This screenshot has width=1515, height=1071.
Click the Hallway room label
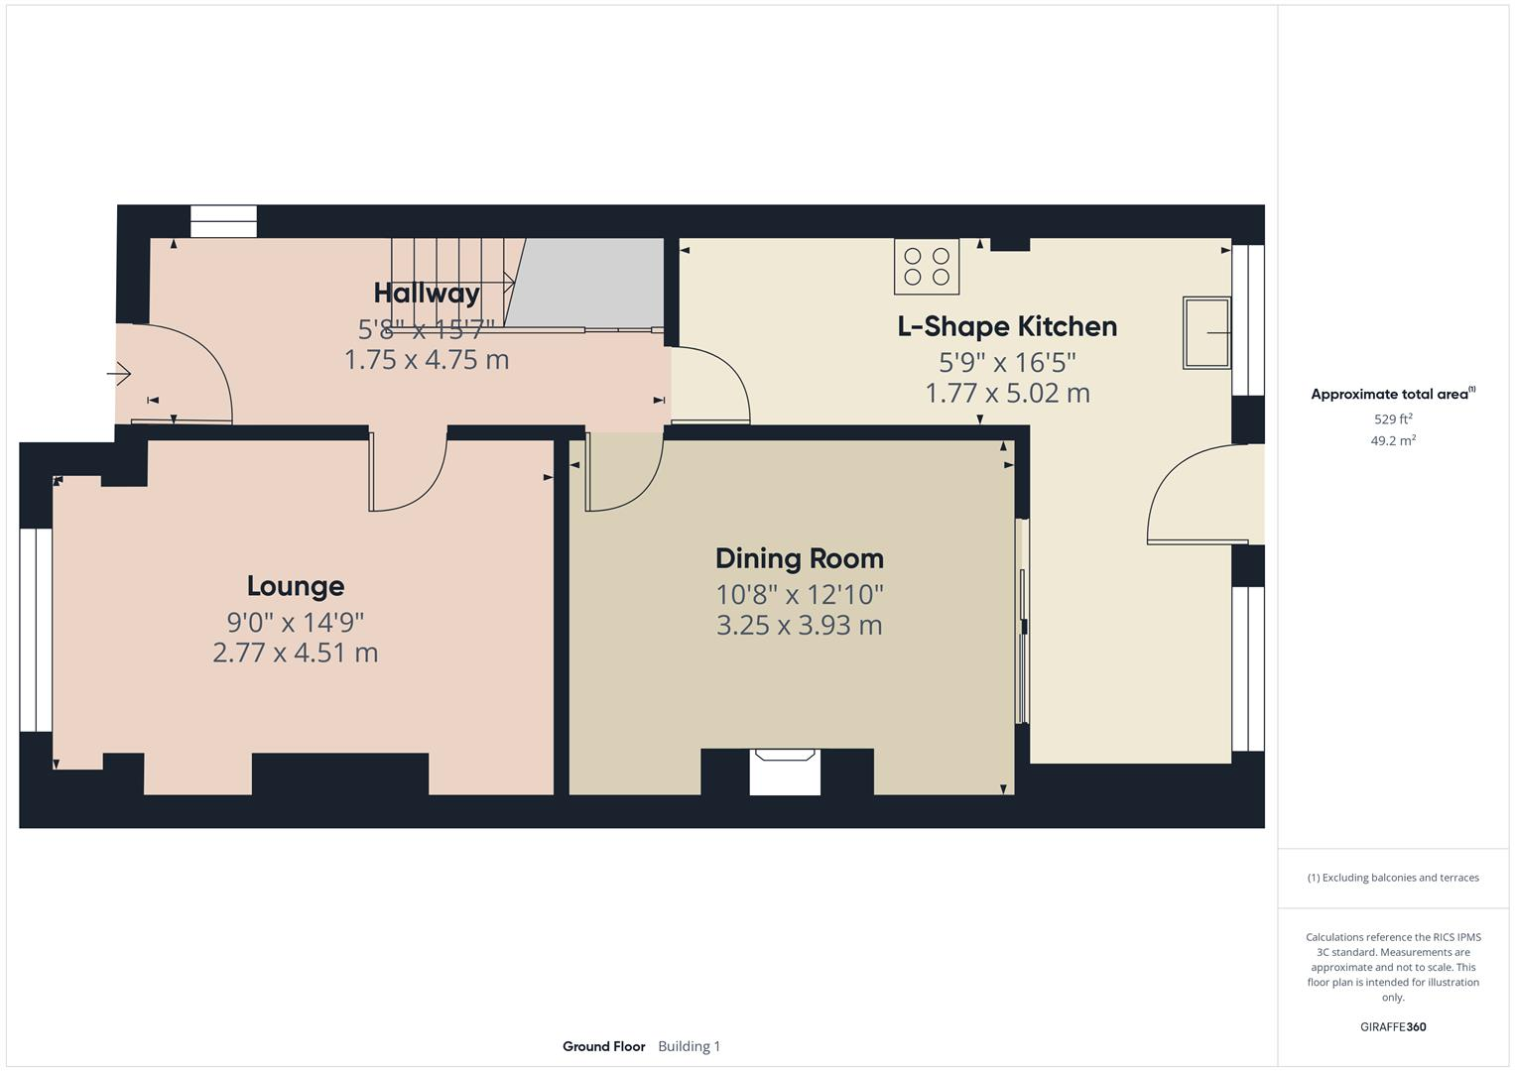coord(427,293)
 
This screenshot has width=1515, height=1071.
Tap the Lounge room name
coord(296,586)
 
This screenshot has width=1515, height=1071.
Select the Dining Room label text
coord(799,558)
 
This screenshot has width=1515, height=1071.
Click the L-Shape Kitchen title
coord(1007,326)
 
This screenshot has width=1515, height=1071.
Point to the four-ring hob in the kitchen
coord(927,267)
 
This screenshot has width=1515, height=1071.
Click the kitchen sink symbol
coord(1206,333)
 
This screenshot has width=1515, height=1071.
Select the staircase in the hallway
coord(451,283)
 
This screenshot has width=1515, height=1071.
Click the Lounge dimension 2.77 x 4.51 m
coord(296,653)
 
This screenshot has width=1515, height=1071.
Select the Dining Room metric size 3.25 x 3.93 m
coord(799,625)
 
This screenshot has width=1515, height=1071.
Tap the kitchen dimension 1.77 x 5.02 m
coord(1007,393)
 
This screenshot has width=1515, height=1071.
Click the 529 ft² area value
coord(1393,419)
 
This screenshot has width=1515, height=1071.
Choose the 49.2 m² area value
coord(1393,441)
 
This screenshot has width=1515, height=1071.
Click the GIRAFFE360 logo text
coord(1393,1026)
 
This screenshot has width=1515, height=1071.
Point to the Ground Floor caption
coord(603,1046)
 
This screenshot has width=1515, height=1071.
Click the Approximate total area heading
coord(1391,395)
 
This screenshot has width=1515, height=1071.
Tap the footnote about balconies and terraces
coord(1393,878)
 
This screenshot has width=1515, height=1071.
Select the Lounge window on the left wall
coord(37,630)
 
